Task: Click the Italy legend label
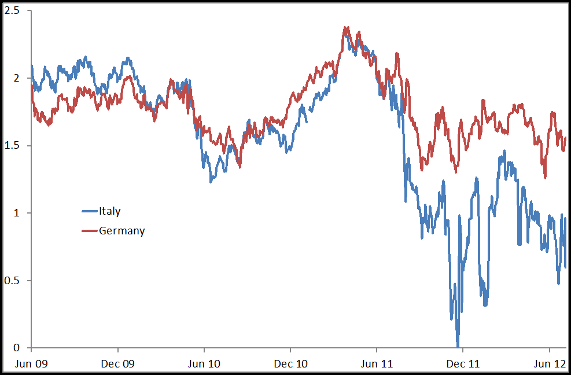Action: pyautogui.click(x=109, y=211)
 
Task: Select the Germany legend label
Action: pyautogui.click(x=121, y=231)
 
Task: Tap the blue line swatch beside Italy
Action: pyautogui.click(x=89, y=211)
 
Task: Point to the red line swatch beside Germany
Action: pyautogui.click(x=89, y=231)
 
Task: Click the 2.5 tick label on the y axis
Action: pyautogui.click(x=13, y=11)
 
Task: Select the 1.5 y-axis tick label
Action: pyautogui.click(x=13, y=146)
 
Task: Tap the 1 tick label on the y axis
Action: pyautogui.click(x=17, y=213)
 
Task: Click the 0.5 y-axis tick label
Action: pyautogui.click(x=13, y=281)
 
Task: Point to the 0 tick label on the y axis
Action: pyautogui.click(x=17, y=348)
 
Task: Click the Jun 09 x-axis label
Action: pyautogui.click(x=31, y=364)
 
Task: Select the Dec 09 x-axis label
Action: pyautogui.click(x=118, y=364)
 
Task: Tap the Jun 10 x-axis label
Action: pyautogui.click(x=204, y=364)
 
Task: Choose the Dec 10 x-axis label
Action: pyautogui.click(x=290, y=364)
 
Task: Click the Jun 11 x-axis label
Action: pyautogui.click(x=377, y=364)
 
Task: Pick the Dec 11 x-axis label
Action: pyautogui.click(x=463, y=364)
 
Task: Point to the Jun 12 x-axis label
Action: pyautogui.click(x=549, y=364)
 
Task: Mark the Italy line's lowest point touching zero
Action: pyautogui.click(x=458, y=346)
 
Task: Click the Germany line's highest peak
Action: pyautogui.click(x=346, y=27)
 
